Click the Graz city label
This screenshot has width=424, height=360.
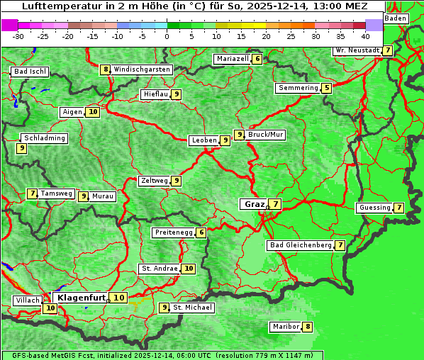click(x=254, y=204)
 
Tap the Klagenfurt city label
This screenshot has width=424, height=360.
click(x=81, y=298)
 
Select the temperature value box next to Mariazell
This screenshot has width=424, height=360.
click(x=257, y=59)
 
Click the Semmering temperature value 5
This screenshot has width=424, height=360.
click(x=326, y=88)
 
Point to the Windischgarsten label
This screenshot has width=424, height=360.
click(x=142, y=69)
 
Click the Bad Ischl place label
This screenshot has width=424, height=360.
click(x=30, y=72)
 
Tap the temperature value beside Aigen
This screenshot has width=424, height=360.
click(x=93, y=112)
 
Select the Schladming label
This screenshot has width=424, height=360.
click(x=44, y=138)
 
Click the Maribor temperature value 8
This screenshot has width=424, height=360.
click(x=307, y=327)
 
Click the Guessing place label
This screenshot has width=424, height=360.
click(x=374, y=208)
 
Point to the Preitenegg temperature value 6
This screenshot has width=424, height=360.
click(x=202, y=232)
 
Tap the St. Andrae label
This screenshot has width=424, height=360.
click(x=159, y=269)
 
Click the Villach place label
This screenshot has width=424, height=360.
click(x=27, y=300)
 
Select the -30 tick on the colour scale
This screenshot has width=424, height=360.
click(x=18, y=35)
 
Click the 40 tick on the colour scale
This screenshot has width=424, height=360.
click(x=365, y=35)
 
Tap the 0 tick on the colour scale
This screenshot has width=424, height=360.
click(x=167, y=35)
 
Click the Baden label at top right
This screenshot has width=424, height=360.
click(x=396, y=18)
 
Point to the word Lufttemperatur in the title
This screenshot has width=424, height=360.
click(x=55, y=6)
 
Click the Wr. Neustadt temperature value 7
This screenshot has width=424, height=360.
click(x=387, y=50)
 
